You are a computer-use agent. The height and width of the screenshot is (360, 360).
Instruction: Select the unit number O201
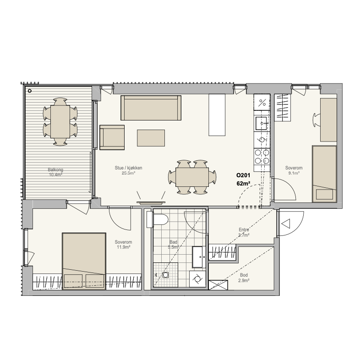tap(243, 175)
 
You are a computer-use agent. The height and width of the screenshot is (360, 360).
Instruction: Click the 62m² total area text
tap(243, 184)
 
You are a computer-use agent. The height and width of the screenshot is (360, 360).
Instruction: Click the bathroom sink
tap(199, 257)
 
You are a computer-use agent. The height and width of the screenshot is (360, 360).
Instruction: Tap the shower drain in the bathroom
tap(165, 275)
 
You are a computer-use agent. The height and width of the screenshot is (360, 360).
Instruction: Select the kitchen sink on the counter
tap(262, 123)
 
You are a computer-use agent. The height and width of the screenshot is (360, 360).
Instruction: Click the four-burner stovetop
tap(262, 157)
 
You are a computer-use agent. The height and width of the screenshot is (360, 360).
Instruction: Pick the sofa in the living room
tap(151, 108)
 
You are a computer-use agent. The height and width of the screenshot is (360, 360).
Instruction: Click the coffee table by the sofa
tap(151, 138)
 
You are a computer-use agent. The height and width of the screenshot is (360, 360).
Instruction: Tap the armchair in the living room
tap(112, 137)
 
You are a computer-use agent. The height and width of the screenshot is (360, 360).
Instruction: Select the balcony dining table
tap(60, 121)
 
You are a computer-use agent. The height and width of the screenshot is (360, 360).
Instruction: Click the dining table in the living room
tap(192, 177)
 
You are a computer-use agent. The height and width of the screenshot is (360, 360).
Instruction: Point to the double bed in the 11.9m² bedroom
tap(84, 261)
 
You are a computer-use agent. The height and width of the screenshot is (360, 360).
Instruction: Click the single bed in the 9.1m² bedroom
tap(324, 174)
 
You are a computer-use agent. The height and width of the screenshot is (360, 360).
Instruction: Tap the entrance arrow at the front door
tap(286, 224)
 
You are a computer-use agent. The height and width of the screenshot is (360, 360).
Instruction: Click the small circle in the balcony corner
tap(30, 91)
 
